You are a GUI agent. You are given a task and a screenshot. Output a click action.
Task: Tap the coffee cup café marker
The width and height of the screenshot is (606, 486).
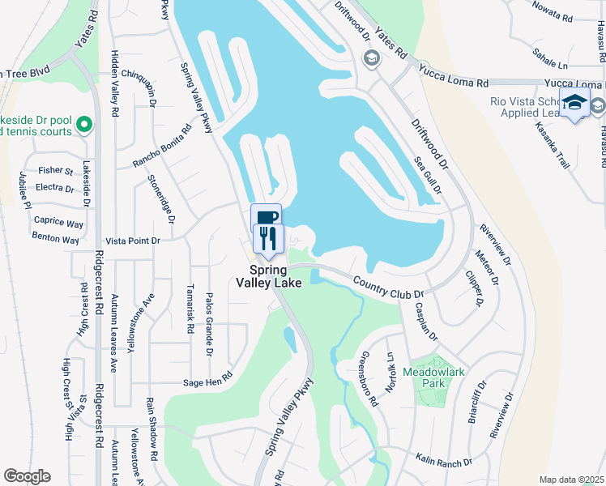click(267, 217)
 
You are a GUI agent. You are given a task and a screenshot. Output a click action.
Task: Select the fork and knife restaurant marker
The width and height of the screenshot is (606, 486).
click(267, 237)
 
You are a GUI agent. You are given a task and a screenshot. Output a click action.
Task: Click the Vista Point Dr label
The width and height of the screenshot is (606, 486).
click(134, 241)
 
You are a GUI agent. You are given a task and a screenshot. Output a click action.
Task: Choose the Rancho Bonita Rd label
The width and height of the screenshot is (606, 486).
click(163, 147)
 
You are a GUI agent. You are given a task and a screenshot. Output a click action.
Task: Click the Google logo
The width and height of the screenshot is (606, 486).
click(27, 476)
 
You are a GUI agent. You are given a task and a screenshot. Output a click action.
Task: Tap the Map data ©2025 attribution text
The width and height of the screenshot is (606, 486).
click(571, 480)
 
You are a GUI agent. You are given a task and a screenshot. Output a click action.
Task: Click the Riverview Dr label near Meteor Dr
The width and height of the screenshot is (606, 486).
click(495, 245)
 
